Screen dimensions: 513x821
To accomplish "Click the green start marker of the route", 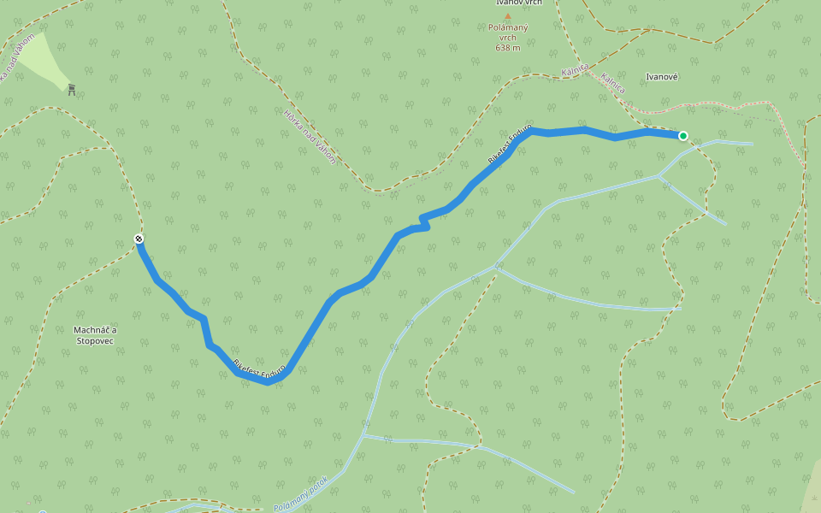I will pyautogui.click(x=683, y=135).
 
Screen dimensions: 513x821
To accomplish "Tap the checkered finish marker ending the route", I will pyautogui.click(x=139, y=239).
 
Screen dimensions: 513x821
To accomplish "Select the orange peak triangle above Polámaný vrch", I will pyautogui.click(x=507, y=16).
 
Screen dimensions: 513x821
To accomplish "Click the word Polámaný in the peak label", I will pyautogui.click(x=507, y=27).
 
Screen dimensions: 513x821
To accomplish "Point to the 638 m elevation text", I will pyautogui.click(x=507, y=47).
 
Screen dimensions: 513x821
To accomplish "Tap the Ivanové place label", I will pyautogui.click(x=662, y=77).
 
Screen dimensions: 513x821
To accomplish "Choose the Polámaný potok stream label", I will pyautogui.click(x=300, y=494).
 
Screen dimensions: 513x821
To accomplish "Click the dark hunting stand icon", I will pyautogui.click(x=72, y=88).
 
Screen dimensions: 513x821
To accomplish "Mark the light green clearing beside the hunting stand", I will pyautogui.click(x=41, y=58).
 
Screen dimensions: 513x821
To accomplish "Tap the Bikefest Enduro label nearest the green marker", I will pyautogui.click(x=510, y=144).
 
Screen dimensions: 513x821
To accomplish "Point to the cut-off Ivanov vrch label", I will pyautogui.click(x=519, y=3).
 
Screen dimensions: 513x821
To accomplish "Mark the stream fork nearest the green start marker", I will pyautogui.click(x=659, y=176).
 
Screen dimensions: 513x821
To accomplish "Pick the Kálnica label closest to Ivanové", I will pyautogui.click(x=613, y=83).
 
